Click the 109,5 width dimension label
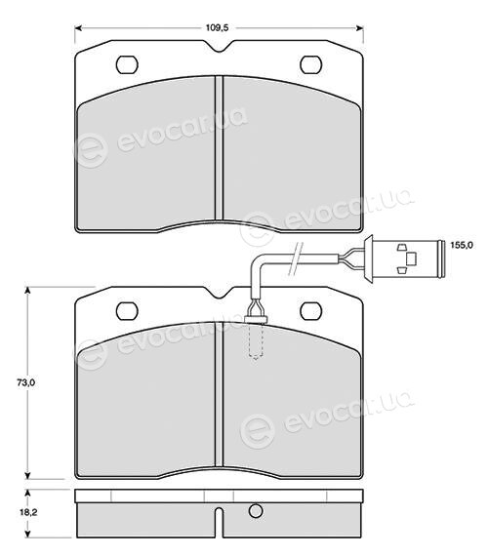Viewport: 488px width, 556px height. [217, 28]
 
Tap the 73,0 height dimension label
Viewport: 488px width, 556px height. [25, 382]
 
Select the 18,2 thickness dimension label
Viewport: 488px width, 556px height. [28, 512]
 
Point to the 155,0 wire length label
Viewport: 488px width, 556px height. [462, 245]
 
